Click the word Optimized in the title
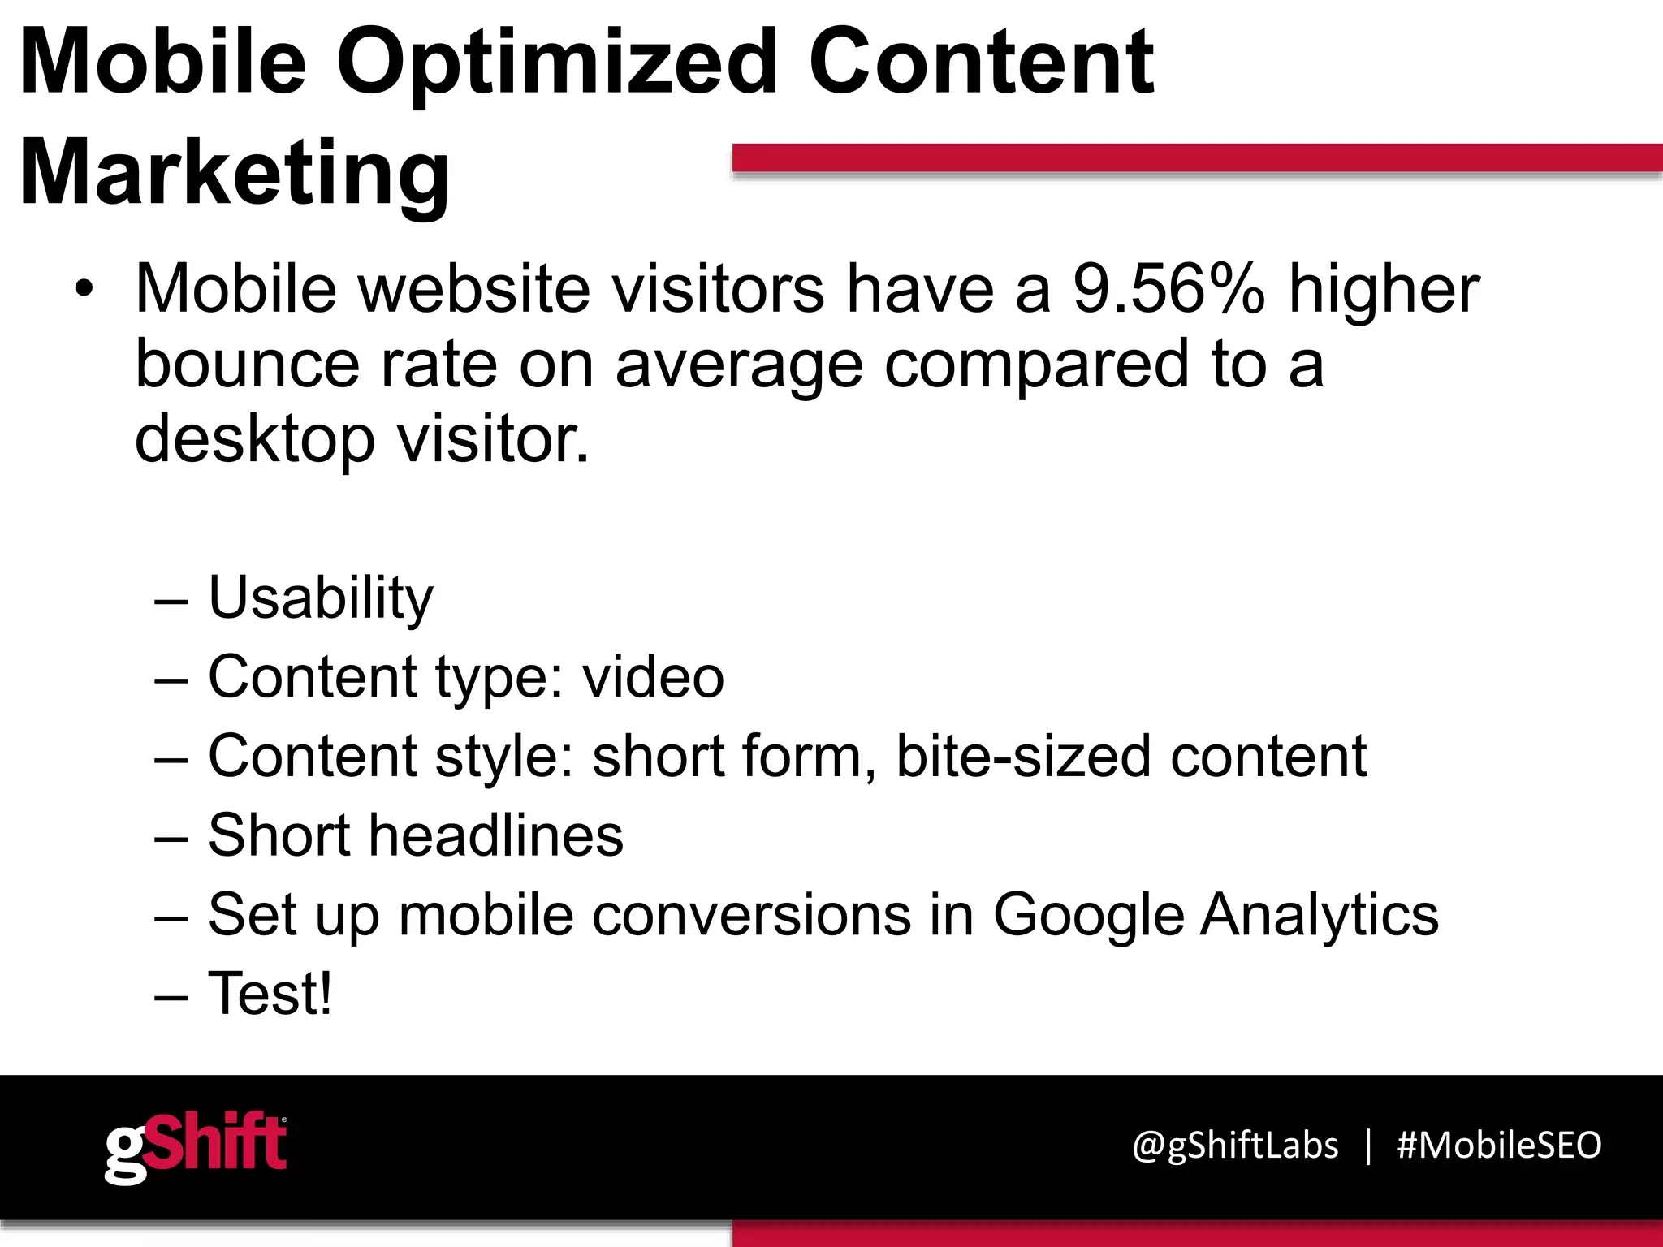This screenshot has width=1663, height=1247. point(556,63)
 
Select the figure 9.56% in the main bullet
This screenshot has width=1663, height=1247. point(1168,289)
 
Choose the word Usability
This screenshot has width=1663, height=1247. point(321,598)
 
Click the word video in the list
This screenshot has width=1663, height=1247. point(653,676)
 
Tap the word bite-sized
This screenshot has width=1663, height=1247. point(1023,756)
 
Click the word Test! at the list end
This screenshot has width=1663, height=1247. point(270,993)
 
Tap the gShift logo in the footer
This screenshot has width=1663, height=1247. point(196,1147)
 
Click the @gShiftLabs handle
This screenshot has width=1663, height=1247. point(1235,1146)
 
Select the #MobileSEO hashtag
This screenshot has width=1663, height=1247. point(1499,1146)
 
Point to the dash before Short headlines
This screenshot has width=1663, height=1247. point(171,837)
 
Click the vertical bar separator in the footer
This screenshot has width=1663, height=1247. point(1368,1146)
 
